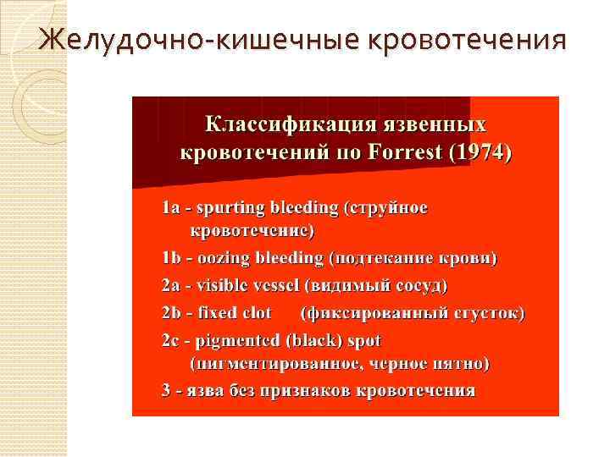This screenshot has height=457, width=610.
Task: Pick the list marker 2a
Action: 172,285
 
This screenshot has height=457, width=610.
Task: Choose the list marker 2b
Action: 173,312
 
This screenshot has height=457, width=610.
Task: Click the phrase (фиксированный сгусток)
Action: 413,312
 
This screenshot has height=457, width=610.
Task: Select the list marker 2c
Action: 172,340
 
